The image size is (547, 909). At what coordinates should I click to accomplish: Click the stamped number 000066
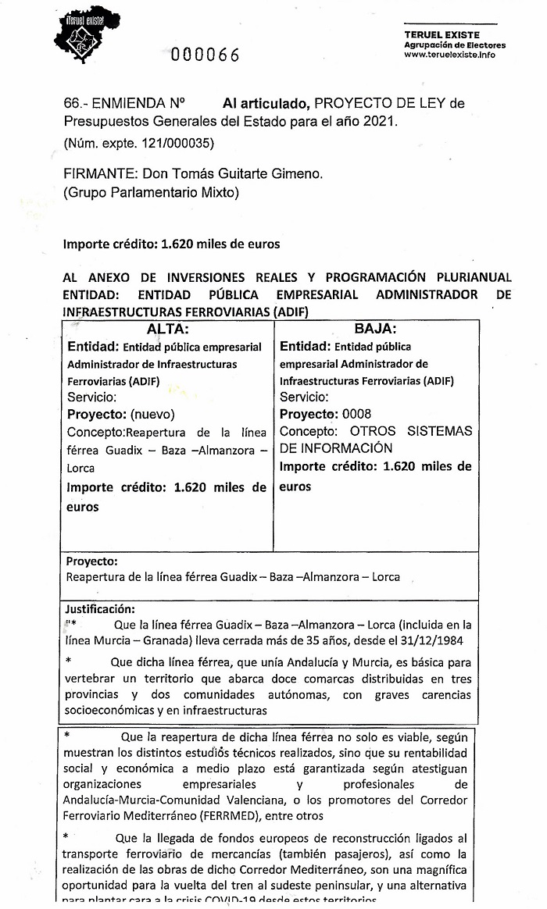[206, 54]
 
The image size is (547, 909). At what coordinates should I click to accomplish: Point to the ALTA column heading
[168, 329]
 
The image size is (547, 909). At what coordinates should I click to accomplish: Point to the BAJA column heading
[375, 329]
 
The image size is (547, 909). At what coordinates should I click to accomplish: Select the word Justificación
[100, 608]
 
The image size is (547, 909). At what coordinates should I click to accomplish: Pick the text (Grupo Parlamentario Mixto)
[151, 192]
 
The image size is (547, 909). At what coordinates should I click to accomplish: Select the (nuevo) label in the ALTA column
[152, 414]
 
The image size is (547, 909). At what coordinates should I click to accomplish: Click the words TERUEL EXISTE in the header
[442, 35]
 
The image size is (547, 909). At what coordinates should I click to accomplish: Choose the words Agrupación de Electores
[455, 45]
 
